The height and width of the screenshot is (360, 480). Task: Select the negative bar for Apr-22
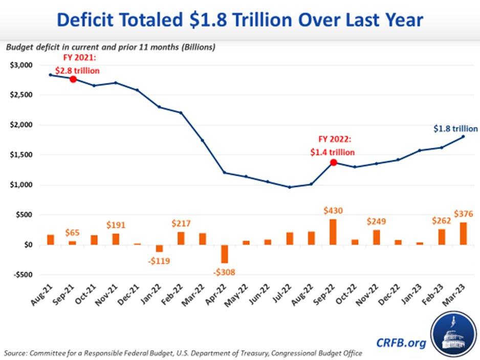click(x=224, y=254)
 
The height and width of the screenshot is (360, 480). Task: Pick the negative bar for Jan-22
click(x=159, y=248)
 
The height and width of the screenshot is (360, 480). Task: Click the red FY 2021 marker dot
click(x=73, y=79)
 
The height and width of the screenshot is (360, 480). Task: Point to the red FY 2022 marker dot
click(x=334, y=162)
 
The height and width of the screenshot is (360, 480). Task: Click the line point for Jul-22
click(x=290, y=187)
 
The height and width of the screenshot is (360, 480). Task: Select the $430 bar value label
click(x=333, y=211)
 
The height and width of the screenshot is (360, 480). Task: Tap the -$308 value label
click(x=224, y=272)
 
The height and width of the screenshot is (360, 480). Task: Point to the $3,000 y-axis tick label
click(x=20, y=65)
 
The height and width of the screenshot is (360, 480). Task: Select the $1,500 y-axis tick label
click(x=20, y=155)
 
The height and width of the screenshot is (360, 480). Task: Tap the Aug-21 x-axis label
click(x=45, y=296)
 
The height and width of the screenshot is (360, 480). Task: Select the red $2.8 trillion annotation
click(x=77, y=70)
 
